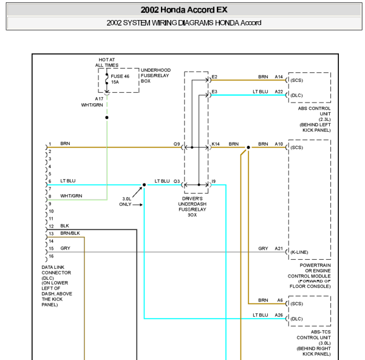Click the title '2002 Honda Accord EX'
(x=184, y=10)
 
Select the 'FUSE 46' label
(x=120, y=76)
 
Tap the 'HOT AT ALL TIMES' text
(x=107, y=63)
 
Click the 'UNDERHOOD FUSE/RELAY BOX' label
(x=155, y=75)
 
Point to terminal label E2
(x=214, y=76)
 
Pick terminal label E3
(x=214, y=92)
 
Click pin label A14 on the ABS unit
(x=279, y=76)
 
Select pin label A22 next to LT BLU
(x=279, y=92)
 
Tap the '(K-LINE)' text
(x=299, y=253)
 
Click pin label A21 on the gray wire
(x=279, y=248)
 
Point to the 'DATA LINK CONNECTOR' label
(x=56, y=270)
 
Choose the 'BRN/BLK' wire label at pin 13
(x=70, y=233)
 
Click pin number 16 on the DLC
(x=51, y=256)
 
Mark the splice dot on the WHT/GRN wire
(x=107, y=118)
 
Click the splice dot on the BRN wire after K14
(x=248, y=148)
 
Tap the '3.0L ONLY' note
(x=125, y=202)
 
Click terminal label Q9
(x=177, y=144)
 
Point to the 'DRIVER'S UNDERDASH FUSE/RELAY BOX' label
(x=193, y=206)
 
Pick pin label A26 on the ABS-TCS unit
(x=279, y=315)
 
